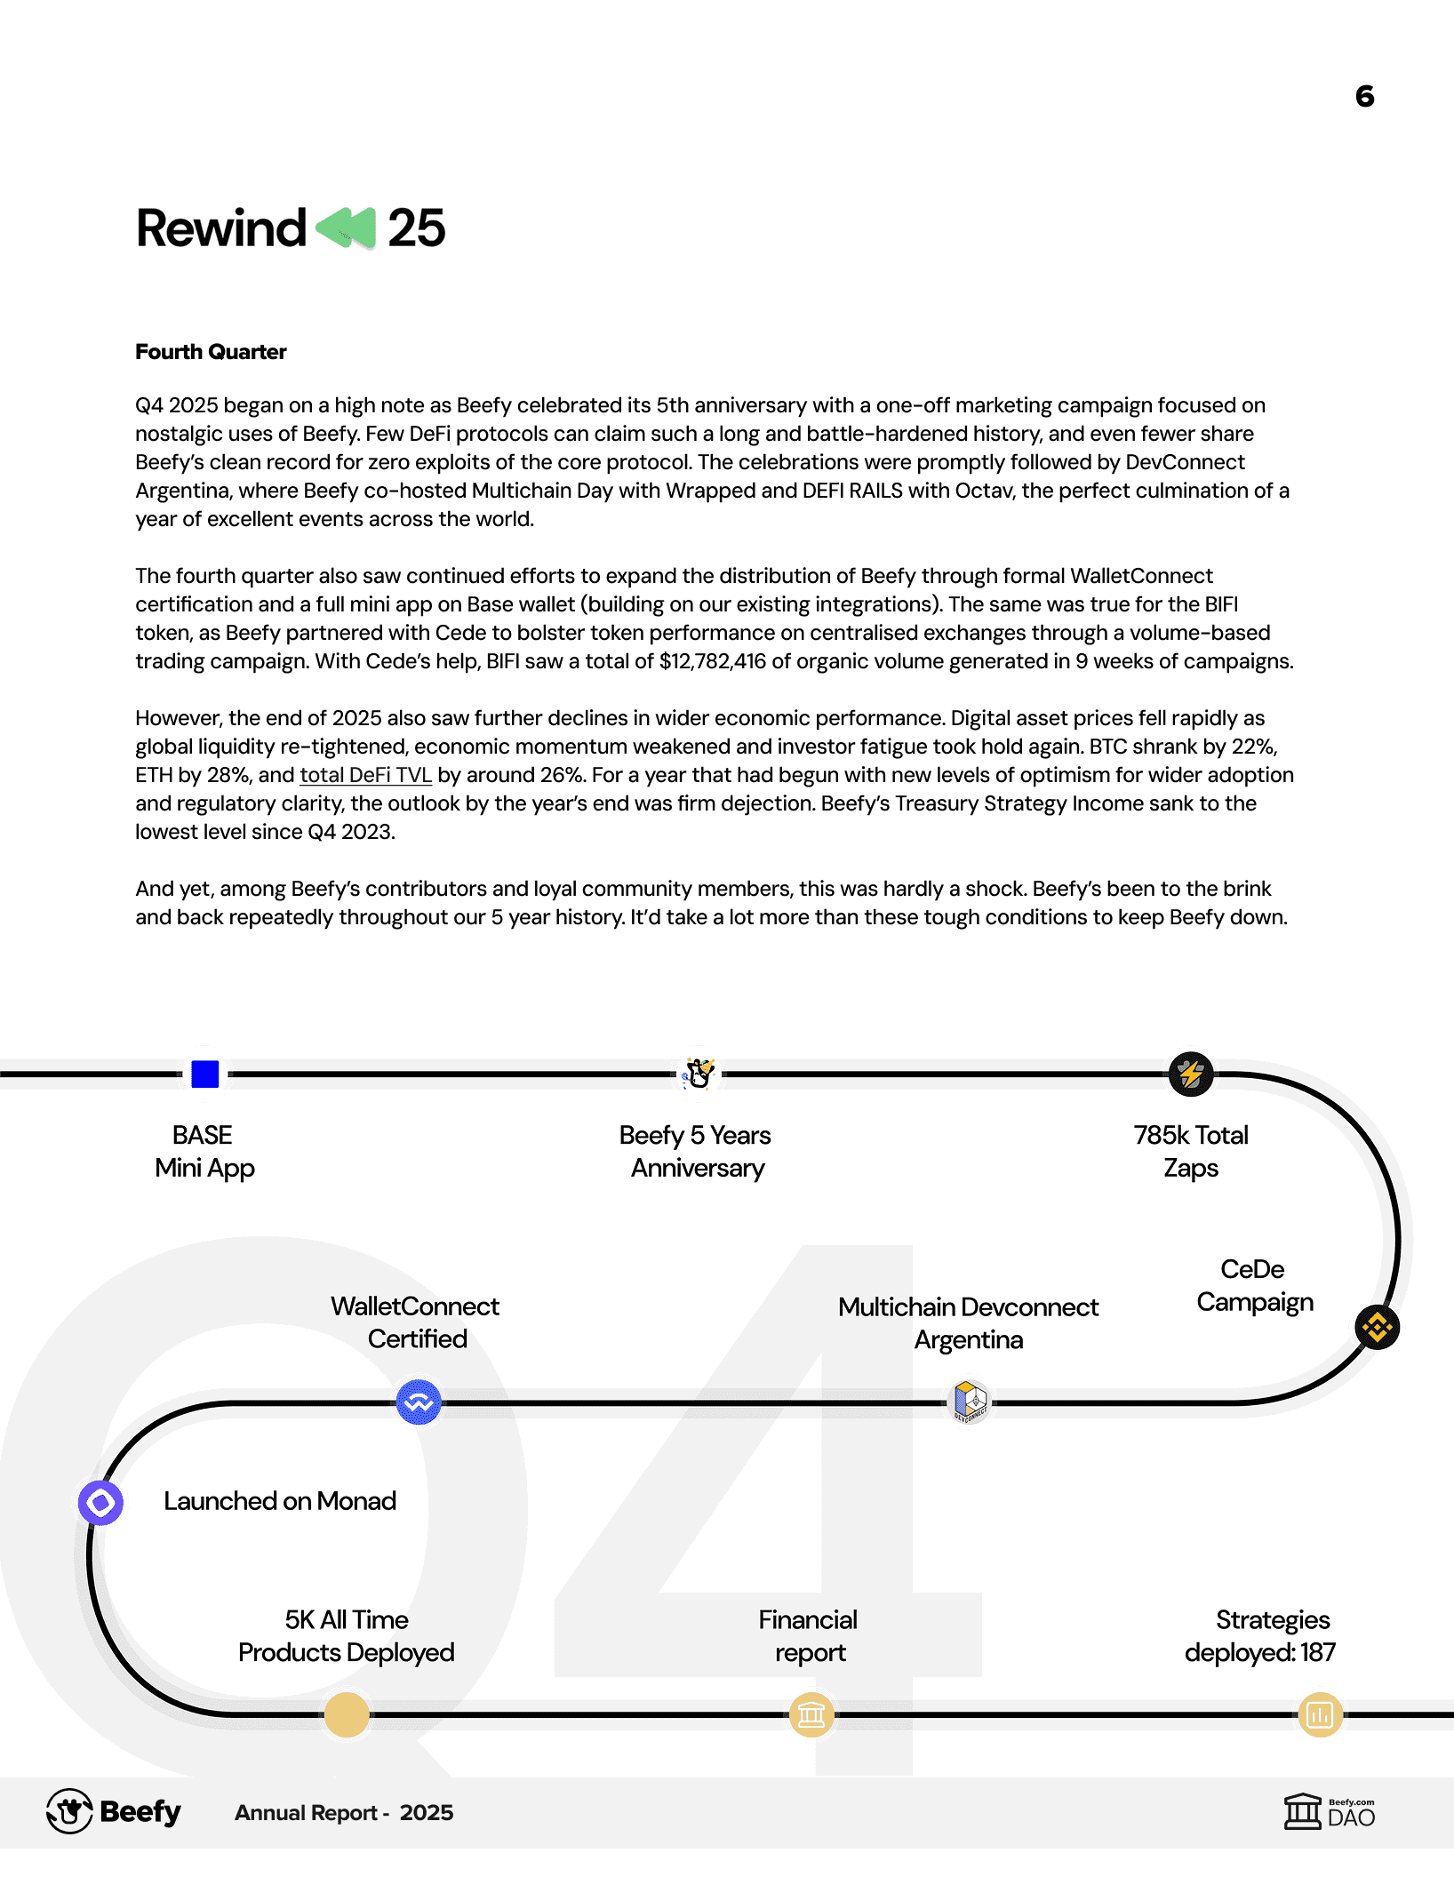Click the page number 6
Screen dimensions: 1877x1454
tap(1364, 96)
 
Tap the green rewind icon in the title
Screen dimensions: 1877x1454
tap(347, 228)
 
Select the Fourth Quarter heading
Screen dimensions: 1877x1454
tap(211, 352)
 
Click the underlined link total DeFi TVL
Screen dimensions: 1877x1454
tap(365, 775)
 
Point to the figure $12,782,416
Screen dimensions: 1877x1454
tap(712, 661)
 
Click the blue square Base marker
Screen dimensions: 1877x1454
tap(205, 1074)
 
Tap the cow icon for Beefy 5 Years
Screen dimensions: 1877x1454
tap(699, 1074)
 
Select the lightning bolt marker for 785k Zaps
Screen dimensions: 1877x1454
tap(1191, 1074)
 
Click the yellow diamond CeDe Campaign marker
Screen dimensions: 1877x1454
tap(1378, 1328)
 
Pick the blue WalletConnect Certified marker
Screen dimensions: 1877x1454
tap(419, 1402)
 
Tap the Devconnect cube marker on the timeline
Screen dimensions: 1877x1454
tap(970, 1402)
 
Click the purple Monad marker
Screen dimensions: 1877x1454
tap(100, 1503)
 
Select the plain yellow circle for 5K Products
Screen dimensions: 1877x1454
tap(347, 1714)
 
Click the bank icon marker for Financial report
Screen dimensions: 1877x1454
tap(811, 1714)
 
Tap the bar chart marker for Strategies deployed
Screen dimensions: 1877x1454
tap(1320, 1714)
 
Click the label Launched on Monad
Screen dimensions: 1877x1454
tap(280, 1501)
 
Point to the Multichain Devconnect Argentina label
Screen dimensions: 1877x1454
tap(969, 1323)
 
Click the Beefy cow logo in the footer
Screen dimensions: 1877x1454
tap(70, 1811)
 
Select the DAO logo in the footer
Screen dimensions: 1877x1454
tap(1329, 1811)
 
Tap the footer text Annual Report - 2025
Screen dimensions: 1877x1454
tap(344, 1813)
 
